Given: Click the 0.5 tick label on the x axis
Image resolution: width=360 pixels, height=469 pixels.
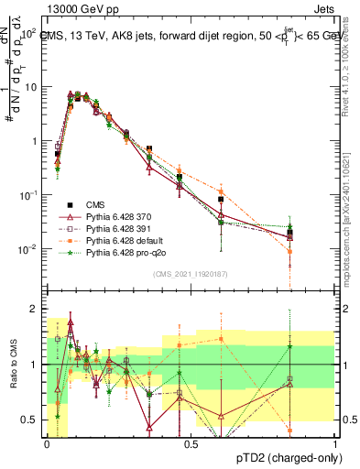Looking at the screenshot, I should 191,443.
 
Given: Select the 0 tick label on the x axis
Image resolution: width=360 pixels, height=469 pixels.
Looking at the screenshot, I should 47,443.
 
